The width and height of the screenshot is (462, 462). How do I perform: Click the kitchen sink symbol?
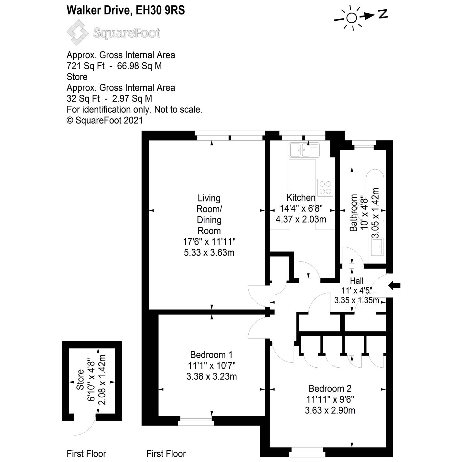[x=304, y=149]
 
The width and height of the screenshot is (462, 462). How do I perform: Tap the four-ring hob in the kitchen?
[x=325, y=188]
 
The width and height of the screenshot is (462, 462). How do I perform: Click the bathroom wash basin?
[x=377, y=247]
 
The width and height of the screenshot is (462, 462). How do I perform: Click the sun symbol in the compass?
[x=351, y=18]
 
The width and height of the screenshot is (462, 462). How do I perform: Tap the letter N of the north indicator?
[x=383, y=14]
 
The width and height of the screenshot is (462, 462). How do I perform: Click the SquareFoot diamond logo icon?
[x=78, y=32]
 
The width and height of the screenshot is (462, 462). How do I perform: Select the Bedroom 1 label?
[x=211, y=355]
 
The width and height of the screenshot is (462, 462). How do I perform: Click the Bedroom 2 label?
[x=330, y=388]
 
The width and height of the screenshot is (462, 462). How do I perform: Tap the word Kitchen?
[x=301, y=198]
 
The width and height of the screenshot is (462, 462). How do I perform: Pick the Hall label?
[x=357, y=281]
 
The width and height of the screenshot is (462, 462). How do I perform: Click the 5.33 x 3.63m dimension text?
[x=209, y=252]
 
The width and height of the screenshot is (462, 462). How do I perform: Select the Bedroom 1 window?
[x=196, y=421]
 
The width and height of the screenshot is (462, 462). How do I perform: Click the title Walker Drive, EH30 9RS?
[x=125, y=10]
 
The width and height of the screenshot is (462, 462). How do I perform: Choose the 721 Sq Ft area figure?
[x=85, y=66]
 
